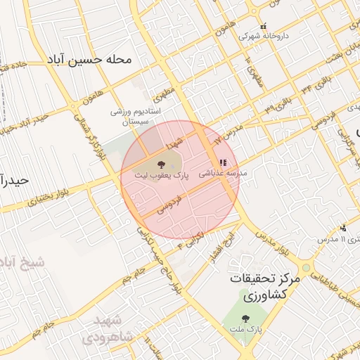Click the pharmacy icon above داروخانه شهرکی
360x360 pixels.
tap(264, 27)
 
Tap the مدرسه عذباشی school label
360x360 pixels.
tap(223, 172)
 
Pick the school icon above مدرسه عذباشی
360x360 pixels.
tap(223, 162)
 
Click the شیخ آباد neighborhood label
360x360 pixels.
tap(21, 262)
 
